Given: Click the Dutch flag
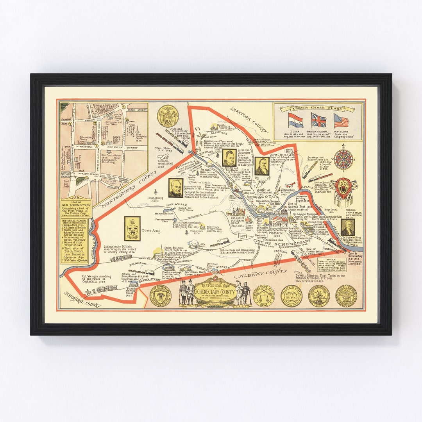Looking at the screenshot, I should point(295,120).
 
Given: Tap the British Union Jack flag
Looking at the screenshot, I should point(318,120).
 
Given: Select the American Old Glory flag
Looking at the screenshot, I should point(341,120).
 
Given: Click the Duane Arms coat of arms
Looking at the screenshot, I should point(132,229).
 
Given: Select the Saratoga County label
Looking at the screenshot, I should point(249,119).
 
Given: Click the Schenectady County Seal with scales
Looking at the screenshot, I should point(264,296).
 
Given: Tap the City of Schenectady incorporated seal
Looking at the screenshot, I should point(161,296).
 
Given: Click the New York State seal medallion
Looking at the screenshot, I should point(168,116).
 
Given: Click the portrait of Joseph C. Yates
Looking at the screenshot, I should point(261,166).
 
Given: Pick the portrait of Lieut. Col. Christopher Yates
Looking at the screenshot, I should point(228,158).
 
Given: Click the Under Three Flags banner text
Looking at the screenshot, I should point(318,108).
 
